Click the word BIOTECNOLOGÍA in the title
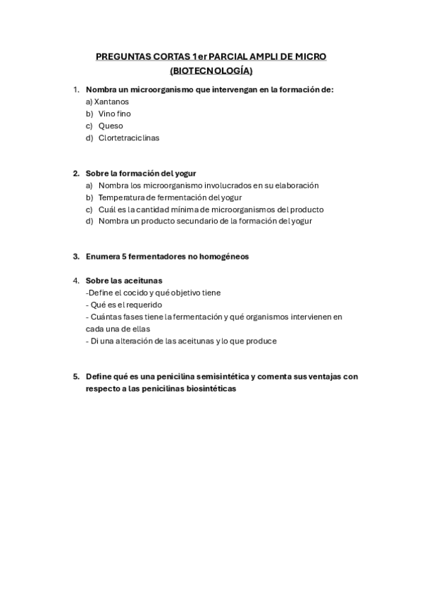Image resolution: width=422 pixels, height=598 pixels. pos(211,71)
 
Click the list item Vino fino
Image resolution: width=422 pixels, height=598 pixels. pos(114,114)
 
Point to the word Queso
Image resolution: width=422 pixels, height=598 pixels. pos(111,126)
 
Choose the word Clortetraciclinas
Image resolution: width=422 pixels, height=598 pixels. pos(128,138)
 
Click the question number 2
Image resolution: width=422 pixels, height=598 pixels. pos(75,173)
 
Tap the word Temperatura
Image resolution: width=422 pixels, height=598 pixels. pos(123,197)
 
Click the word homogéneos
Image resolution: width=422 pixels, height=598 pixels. pos(225,257)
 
